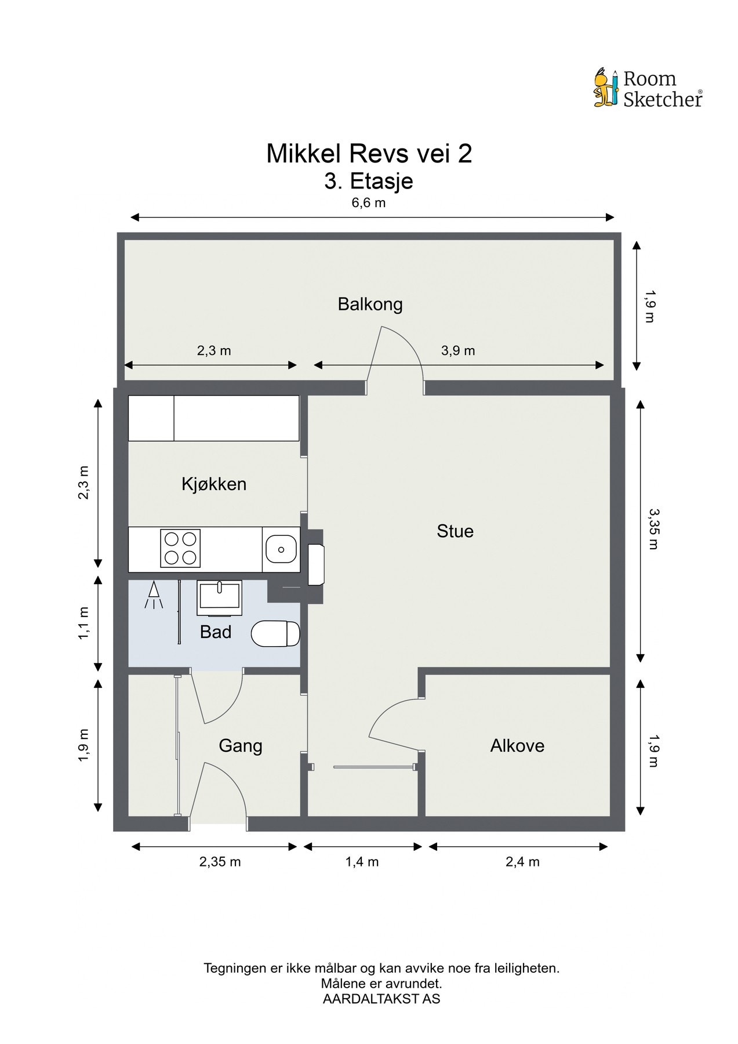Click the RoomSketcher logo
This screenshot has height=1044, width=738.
pyautogui.click(x=648, y=88)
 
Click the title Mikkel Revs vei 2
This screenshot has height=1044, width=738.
pyautogui.click(x=369, y=154)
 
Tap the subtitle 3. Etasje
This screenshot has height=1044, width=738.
pyautogui.click(x=369, y=181)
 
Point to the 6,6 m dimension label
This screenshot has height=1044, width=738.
pyautogui.click(x=369, y=203)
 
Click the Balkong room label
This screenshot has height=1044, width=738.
pyautogui.click(x=370, y=304)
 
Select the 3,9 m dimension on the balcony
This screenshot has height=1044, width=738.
pyautogui.click(x=458, y=350)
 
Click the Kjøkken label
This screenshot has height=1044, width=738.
pyautogui.click(x=214, y=484)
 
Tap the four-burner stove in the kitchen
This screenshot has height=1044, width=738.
pyautogui.click(x=180, y=548)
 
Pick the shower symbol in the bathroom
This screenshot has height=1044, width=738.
pyautogui.click(x=154, y=595)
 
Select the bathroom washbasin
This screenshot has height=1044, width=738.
pyautogui.click(x=220, y=597)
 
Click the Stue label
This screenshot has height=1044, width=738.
pyautogui.click(x=455, y=531)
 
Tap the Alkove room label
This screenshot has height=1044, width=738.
pyautogui.click(x=517, y=745)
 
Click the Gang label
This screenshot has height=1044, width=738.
pyautogui.click(x=240, y=746)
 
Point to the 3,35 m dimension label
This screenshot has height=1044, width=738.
pyautogui.click(x=653, y=528)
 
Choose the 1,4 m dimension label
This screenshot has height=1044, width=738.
pyautogui.click(x=362, y=862)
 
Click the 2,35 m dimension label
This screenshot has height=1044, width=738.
pyautogui.click(x=220, y=862)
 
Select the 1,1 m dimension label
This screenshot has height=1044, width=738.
pyautogui.click(x=84, y=623)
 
